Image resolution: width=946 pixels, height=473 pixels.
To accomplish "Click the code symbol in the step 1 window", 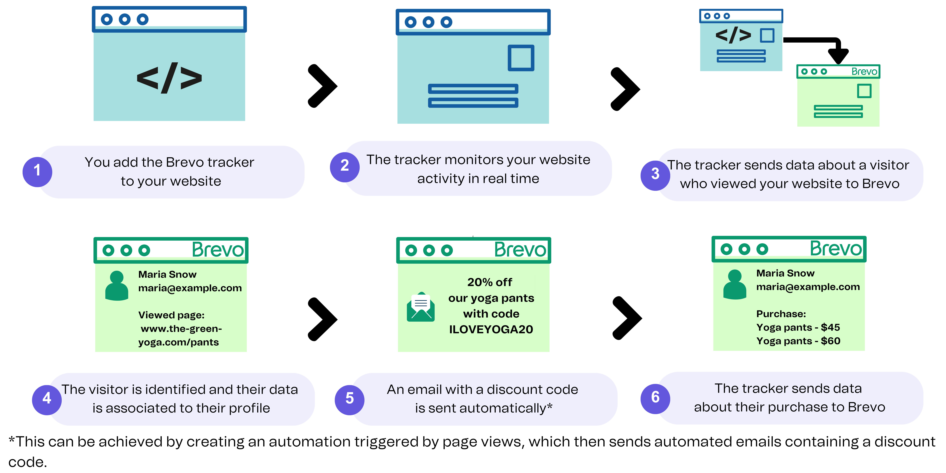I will tap(169, 78).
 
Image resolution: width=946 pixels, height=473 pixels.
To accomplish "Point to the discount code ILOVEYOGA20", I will tap(491, 329).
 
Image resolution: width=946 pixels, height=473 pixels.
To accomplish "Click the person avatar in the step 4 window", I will tap(116, 286).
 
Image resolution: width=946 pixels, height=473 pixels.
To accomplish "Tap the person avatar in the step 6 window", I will tap(734, 285).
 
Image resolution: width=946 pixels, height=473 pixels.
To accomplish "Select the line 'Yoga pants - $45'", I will tap(798, 327).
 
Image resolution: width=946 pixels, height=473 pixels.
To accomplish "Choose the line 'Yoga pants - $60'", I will tap(798, 341).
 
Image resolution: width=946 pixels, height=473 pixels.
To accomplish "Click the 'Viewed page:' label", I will tap(171, 315).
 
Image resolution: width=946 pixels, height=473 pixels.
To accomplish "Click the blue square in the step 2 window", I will tap(521, 58).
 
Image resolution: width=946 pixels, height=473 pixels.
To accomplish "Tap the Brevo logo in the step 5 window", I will tap(520, 250).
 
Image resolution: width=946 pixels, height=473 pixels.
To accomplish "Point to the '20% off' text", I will tap(490, 282).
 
